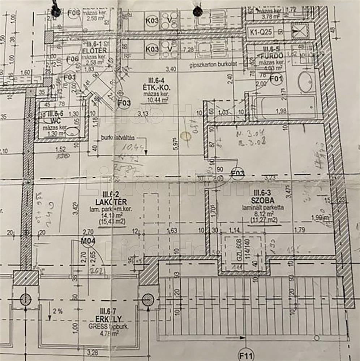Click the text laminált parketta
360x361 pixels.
[x=263, y=207]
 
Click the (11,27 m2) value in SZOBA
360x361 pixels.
[x=263, y=219]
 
